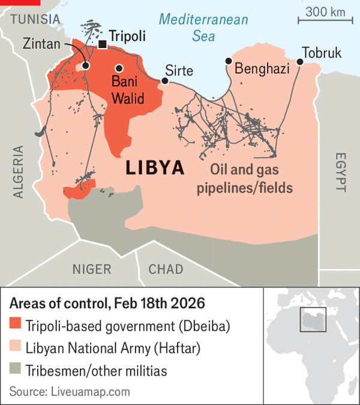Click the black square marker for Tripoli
click(x=103, y=44)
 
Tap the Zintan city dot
click(x=86, y=65)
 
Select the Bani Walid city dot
click(x=120, y=68)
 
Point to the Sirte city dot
click(x=165, y=80)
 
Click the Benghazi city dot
click(x=229, y=61)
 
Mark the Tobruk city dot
click(x=300, y=61)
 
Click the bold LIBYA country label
click(x=155, y=167)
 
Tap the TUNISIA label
click(x=35, y=19)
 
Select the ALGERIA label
click(x=18, y=172)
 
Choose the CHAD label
click(x=166, y=269)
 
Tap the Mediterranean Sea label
click(x=203, y=28)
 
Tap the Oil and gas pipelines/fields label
click(x=244, y=179)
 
